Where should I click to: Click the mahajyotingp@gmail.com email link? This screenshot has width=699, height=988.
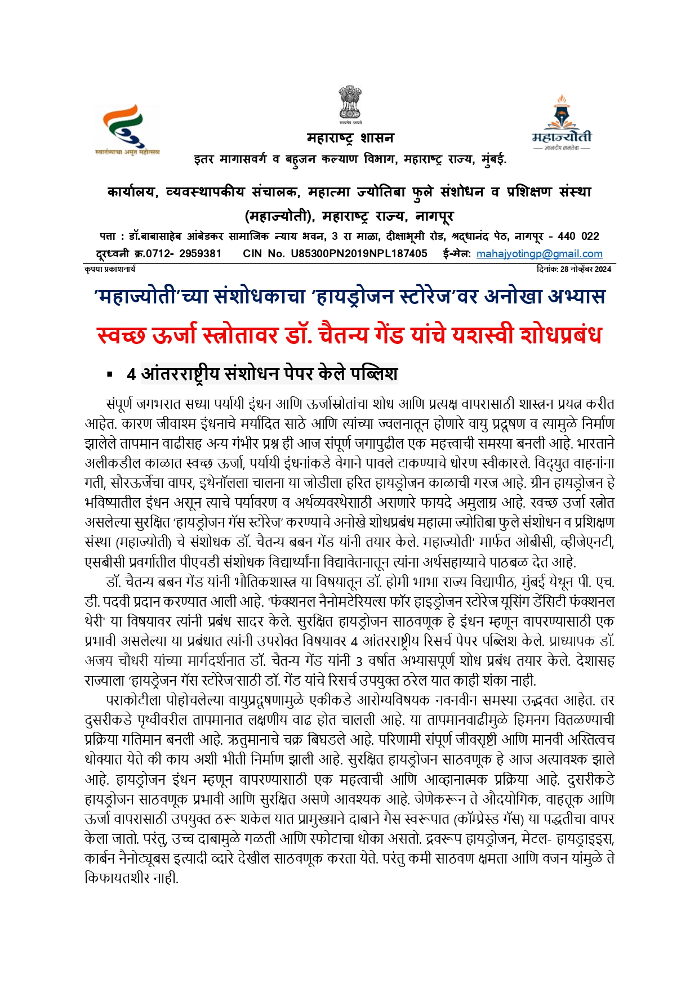539,254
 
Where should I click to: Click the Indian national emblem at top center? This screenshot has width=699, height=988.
350,104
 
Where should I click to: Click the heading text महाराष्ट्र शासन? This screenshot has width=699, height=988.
350,138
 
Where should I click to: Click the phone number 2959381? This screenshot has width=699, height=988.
200,254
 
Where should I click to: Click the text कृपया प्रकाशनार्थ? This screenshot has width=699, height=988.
110,269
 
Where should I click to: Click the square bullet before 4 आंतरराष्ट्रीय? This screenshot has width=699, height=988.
110,374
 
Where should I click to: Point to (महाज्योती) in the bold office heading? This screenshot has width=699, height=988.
279,216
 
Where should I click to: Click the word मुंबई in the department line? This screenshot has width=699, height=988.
493,160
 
